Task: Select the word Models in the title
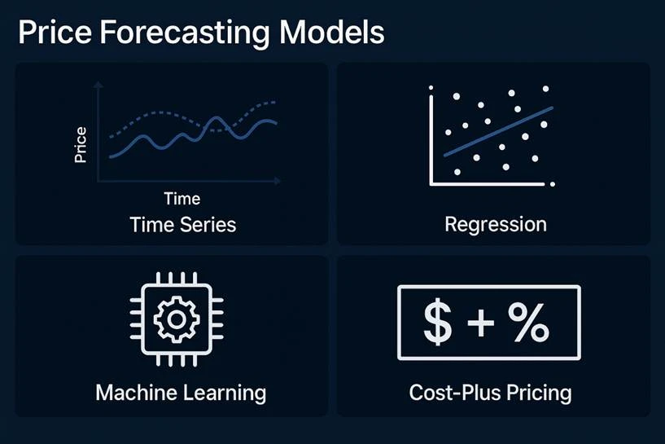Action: tap(331, 33)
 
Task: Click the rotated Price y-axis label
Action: tap(81, 145)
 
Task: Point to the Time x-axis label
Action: tap(182, 198)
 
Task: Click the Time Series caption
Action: tap(182, 224)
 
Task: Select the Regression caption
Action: tap(496, 224)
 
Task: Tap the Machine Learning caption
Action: tap(181, 393)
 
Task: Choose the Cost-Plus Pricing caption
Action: tap(490, 393)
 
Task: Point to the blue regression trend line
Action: tap(498, 130)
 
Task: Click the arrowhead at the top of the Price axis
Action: tap(98, 84)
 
